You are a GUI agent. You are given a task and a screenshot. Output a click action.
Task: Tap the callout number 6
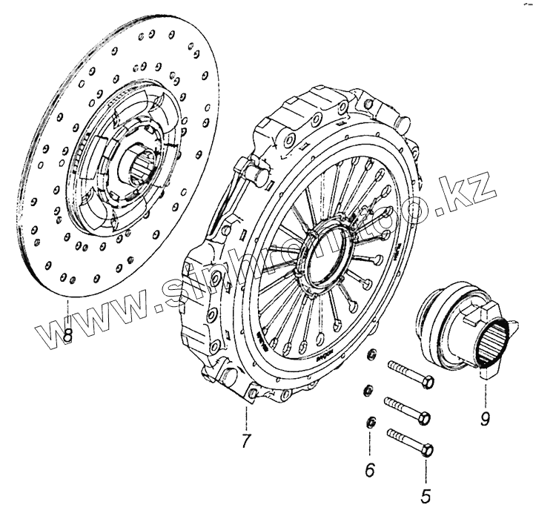click(x=370, y=469)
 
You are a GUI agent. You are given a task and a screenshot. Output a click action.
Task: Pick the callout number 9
click(x=484, y=420)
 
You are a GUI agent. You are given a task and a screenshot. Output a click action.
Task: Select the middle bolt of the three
click(x=404, y=409)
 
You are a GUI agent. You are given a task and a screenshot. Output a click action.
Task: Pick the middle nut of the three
click(x=368, y=391)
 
